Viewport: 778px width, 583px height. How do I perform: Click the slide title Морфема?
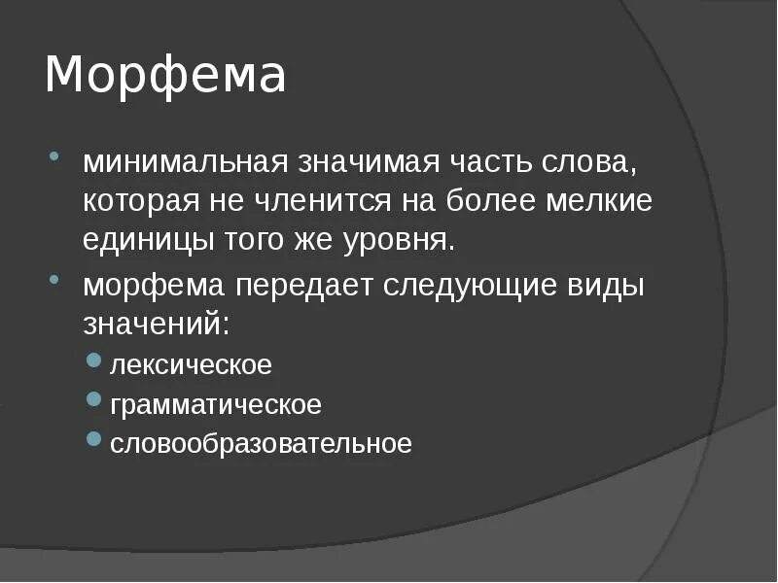pyautogui.click(x=165, y=77)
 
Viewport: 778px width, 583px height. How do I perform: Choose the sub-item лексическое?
pyautogui.click(x=191, y=366)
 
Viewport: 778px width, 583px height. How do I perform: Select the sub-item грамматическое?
pyautogui.click(x=215, y=405)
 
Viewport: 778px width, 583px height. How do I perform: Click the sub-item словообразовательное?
pyautogui.click(x=261, y=444)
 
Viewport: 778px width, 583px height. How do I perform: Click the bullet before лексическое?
pyautogui.click(x=93, y=360)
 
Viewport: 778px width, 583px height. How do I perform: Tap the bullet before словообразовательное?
pyautogui.click(x=93, y=439)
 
